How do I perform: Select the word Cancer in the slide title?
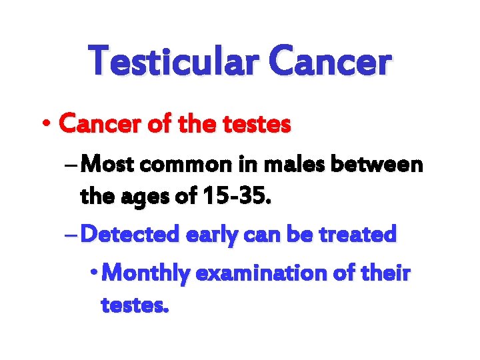(330, 61)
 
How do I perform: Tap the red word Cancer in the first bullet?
(99, 123)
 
